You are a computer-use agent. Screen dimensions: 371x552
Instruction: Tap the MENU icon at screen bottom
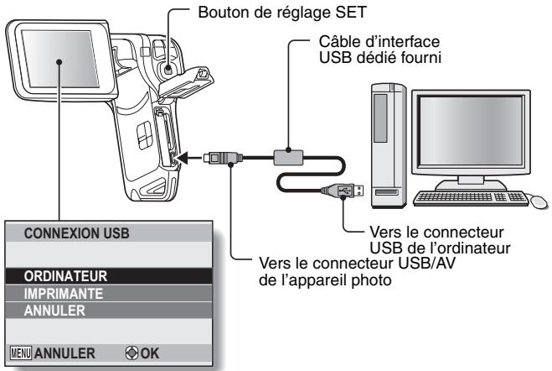pyautogui.click(x=19, y=354)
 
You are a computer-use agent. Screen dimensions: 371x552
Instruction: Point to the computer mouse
pyautogui.click(x=539, y=202)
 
